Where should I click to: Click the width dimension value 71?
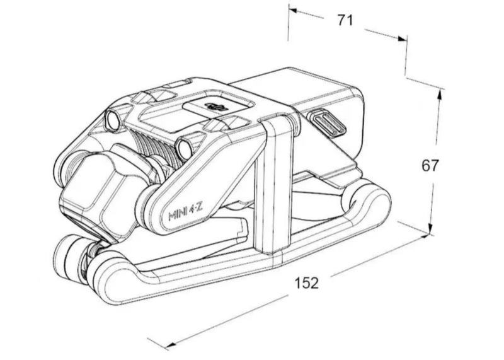tap(345, 20)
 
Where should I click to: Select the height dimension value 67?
tap(430, 165)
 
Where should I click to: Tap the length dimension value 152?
tap(307, 283)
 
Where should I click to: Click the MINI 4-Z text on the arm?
tap(185, 212)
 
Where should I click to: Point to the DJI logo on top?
tap(216, 106)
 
